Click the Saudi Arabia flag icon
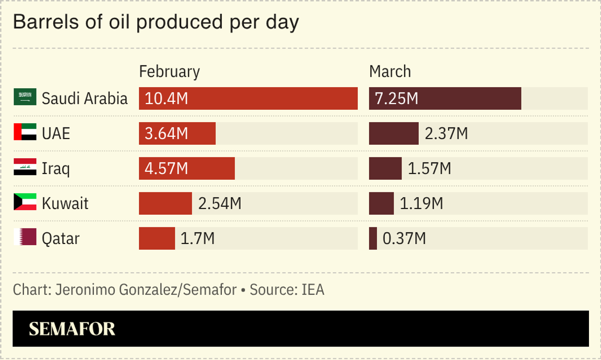click(25, 98)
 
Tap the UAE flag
click(25, 133)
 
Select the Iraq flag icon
click(25, 168)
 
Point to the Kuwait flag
click(25, 203)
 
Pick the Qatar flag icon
click(25, 238)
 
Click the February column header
click(169, 72)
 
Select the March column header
click(390, 72)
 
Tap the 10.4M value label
click(167, 98)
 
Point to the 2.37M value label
click(446, 133)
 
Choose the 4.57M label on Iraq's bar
click(167, 168)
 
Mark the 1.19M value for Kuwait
click(421, 203)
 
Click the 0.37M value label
click(404, 238)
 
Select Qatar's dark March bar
click(373, 238)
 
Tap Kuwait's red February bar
click(165, 203)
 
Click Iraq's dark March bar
click(385, 168)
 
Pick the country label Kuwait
click(65, 203)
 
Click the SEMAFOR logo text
click(72, 329)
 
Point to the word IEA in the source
click(313, 289)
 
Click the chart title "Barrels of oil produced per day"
click(156, 22)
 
